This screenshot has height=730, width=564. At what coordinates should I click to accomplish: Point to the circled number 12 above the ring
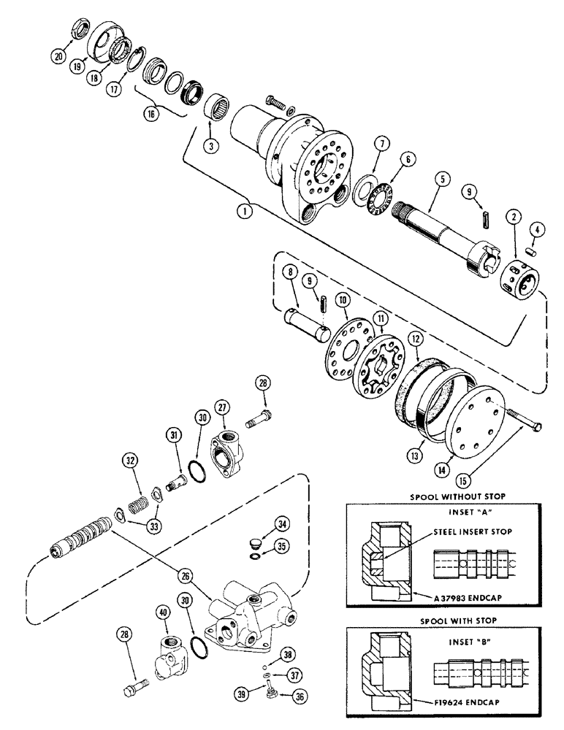[415, 339]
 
